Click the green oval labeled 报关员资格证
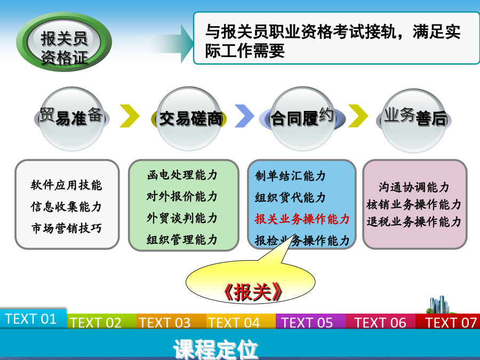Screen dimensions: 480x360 coord(64,42)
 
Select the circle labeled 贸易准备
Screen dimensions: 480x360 coord(71,119)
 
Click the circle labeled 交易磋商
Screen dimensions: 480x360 coord(189,119)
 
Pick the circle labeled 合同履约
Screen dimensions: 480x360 coord(302,119)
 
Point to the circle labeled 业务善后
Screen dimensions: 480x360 coord(413,121)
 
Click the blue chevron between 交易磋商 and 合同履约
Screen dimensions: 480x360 coord(244,116)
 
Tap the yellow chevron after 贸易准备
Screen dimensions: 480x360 coord(130,116)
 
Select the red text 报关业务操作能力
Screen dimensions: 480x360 coord(302,219)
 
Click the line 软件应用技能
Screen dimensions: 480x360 coord(66,185)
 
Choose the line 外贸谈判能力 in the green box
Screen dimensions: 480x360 coord(182,218)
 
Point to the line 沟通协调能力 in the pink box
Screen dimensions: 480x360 coord(414,187)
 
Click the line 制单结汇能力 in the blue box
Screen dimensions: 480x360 coord(290,176)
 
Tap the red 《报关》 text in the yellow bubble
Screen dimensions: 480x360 coord(252,292)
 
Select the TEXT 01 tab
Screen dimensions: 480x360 coord(33,319)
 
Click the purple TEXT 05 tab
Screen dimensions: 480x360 coord(310,322)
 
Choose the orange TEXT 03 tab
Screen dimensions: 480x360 coord(171,322)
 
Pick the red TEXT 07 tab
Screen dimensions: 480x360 coord(448,322)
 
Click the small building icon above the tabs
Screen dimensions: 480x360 coord(440,305)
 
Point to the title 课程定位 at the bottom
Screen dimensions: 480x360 coord(215,349)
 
